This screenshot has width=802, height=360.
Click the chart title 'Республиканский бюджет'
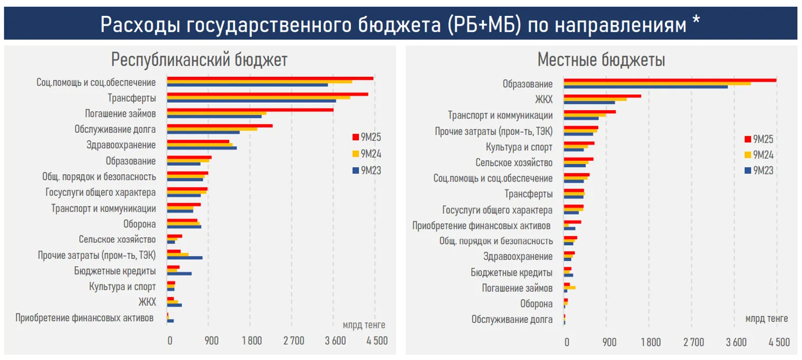coord(199,60)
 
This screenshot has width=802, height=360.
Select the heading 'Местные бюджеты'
coord(601,60)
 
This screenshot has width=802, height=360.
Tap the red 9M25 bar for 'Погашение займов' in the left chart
coord(250,110)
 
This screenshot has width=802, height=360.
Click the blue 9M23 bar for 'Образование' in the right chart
coord(645,87)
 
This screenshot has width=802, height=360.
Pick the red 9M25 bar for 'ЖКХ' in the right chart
coord(602,96)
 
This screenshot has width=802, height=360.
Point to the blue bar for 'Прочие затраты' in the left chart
coord(185,258)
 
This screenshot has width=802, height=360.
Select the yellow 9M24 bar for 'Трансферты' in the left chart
coord(258,97)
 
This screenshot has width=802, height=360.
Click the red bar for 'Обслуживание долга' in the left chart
coord(220,126)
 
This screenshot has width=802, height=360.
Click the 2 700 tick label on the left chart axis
coord(294,341)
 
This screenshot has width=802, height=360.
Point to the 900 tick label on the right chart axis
coord(609,342)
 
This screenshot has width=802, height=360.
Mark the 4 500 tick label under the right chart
coord(779,342)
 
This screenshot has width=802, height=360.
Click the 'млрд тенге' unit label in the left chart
coord(364,325)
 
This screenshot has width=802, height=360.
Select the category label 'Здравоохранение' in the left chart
coord(121,145)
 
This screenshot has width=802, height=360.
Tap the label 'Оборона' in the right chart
coord(536,304)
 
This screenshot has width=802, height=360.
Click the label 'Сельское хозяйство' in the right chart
coord(514,163)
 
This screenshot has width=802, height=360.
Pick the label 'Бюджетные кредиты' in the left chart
coord(115,271)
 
